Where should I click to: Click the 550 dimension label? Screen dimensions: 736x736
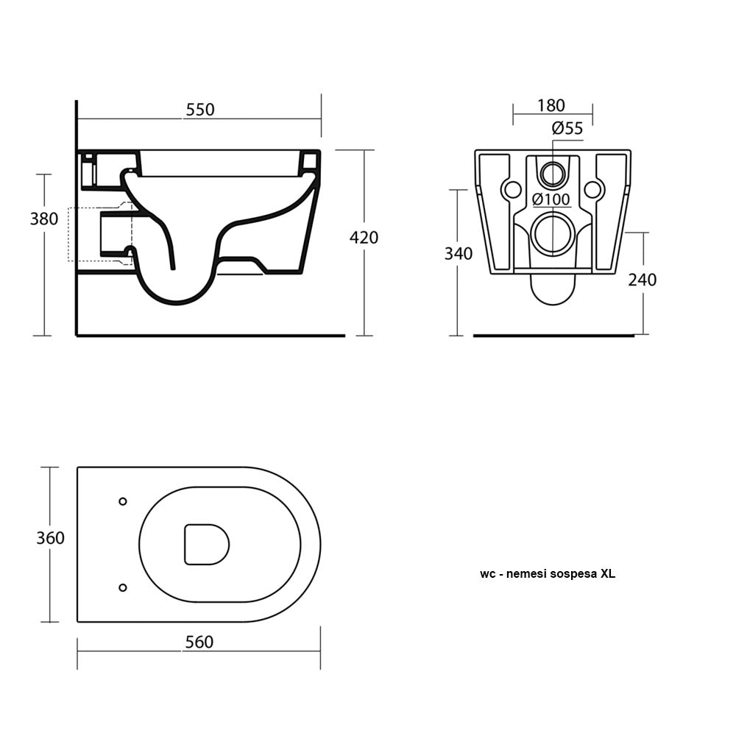click(199, 110)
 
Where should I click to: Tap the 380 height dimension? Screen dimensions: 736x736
click(43, 219)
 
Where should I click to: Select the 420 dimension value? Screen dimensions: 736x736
click(364, 237)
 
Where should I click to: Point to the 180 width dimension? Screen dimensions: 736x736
click(551, 105)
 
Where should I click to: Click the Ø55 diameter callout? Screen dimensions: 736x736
click(567, 129)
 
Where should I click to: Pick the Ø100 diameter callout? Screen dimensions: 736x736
click(551, 199)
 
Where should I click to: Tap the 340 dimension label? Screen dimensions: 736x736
click(458, 254)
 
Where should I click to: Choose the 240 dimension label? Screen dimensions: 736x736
click(642, 280)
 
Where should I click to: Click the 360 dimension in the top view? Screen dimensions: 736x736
click(50, 538)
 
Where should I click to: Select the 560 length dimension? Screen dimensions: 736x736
click(199, 643)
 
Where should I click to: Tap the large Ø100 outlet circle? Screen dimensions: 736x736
click(552, 235)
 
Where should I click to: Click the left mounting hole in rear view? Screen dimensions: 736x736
click(510, 190)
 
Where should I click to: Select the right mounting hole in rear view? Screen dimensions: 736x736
click(592, 190)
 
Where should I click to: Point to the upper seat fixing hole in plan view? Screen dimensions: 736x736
click(122, 501)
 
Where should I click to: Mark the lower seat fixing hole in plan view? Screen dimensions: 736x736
click(122, 587)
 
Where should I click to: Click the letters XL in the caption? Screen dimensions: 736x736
click(607, 574)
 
